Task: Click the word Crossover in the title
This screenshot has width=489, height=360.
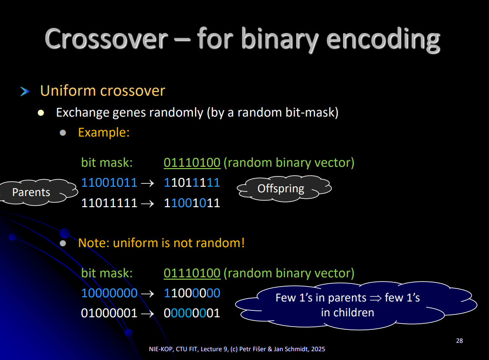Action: pos(106,39)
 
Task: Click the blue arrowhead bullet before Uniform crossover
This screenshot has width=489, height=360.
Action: pos(25,92)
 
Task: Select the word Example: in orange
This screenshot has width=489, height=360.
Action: pos(104,132)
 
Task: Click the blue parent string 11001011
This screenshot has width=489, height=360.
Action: pos(109,183)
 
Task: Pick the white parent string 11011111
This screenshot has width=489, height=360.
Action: pos(109,203)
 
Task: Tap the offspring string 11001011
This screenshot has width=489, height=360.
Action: pos(192,203)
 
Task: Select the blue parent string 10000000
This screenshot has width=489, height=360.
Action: pos(109,293)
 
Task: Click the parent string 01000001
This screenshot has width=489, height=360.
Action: pos(109,313)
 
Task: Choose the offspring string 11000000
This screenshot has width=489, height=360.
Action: pos(192,293)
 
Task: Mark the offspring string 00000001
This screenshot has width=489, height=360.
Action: pos(192,313)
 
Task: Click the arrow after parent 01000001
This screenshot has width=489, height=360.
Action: pos(147,314)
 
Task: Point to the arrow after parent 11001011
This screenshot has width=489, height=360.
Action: pos(147,183)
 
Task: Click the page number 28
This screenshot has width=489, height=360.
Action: pos(459,340)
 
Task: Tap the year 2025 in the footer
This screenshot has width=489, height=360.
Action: pos(318,349)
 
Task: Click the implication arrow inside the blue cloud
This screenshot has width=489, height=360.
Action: pos(376,298)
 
